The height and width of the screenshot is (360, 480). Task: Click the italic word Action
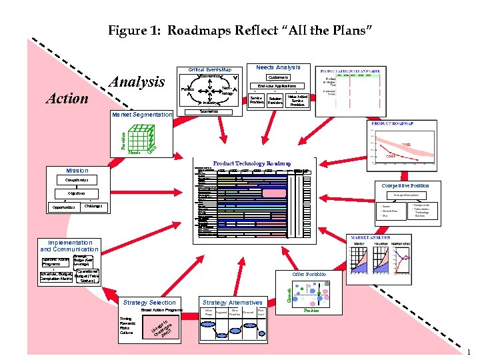coord(66,99)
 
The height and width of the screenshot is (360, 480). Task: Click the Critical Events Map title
coord(209,69)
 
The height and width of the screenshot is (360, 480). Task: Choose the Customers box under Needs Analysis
coord(277,77)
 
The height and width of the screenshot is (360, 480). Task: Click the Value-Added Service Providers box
coord(297,100)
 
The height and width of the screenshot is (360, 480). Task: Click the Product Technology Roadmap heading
coord(251,163)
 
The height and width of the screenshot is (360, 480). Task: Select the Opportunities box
coord(65,207)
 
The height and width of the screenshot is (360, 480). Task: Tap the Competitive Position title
coord(405,185)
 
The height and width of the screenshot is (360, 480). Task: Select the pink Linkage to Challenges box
coord(161,327)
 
